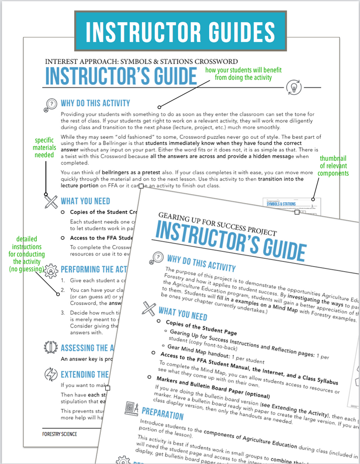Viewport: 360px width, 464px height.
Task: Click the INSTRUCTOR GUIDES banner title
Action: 180,31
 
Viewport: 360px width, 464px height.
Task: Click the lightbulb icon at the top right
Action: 293,87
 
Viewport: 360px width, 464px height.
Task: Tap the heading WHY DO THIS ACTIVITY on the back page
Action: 95,103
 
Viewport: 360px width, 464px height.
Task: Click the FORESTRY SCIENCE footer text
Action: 56,434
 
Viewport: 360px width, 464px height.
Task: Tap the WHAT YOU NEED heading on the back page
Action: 85,201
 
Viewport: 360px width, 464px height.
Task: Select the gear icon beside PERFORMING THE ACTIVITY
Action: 52,271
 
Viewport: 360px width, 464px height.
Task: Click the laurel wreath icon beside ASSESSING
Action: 50,348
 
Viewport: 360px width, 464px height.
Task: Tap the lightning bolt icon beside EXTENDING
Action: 50,374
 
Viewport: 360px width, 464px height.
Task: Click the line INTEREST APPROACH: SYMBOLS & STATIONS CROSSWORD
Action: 141,61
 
